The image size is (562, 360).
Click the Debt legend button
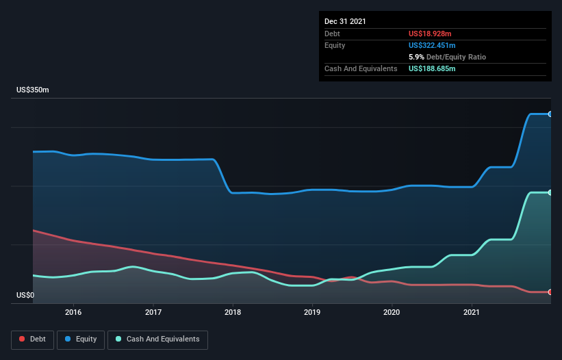32,339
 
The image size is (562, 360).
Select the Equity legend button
81,339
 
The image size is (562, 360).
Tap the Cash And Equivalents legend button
157,339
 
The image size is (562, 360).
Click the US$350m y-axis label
34,90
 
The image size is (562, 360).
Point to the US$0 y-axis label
26,296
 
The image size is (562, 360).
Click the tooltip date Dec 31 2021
345,21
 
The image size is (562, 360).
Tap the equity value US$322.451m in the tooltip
434,45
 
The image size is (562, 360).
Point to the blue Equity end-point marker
550,114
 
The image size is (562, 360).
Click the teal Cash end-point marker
550,192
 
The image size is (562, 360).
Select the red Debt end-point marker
550,292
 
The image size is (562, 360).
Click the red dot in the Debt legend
23,339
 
